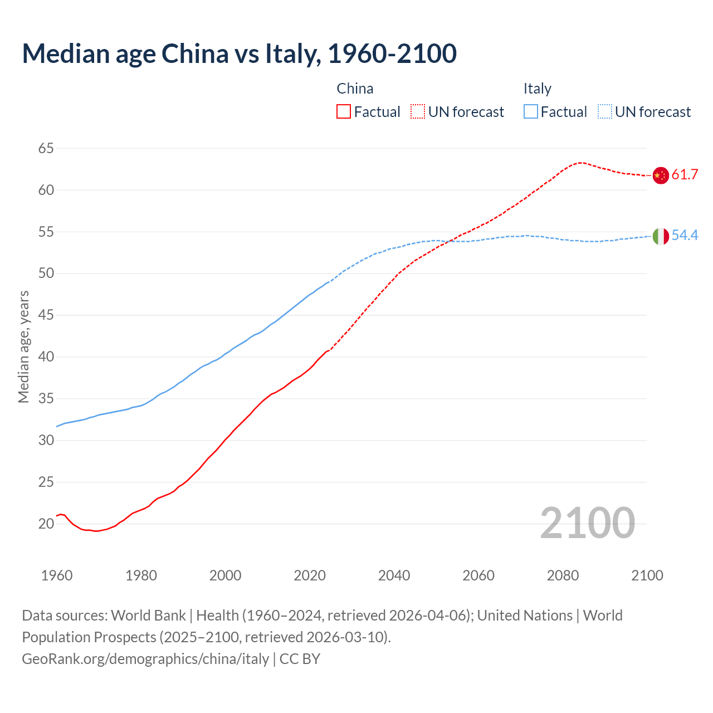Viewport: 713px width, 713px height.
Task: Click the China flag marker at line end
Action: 660,175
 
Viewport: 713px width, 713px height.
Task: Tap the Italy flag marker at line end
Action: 660,236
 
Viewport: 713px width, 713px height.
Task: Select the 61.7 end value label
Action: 685,175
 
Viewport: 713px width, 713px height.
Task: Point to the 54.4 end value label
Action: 685,236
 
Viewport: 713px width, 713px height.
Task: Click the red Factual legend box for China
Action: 344,112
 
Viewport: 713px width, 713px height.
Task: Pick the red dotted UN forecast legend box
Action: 418,112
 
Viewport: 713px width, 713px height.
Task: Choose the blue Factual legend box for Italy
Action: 531,112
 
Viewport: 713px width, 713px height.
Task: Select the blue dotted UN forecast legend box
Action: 604,112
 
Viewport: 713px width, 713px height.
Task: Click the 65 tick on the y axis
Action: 46,148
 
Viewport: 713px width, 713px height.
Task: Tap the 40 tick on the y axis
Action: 46,357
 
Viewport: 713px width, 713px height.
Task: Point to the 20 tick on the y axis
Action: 46,524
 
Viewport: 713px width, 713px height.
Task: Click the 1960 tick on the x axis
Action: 57,575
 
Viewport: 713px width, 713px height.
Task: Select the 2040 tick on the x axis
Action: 394,575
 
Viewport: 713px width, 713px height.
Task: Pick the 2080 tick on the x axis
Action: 563,575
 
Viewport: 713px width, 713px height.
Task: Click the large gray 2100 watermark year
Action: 587,523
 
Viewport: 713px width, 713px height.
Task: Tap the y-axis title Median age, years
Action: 23,346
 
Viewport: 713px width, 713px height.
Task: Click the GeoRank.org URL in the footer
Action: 145,659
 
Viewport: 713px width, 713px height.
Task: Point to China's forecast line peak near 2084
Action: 580,163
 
